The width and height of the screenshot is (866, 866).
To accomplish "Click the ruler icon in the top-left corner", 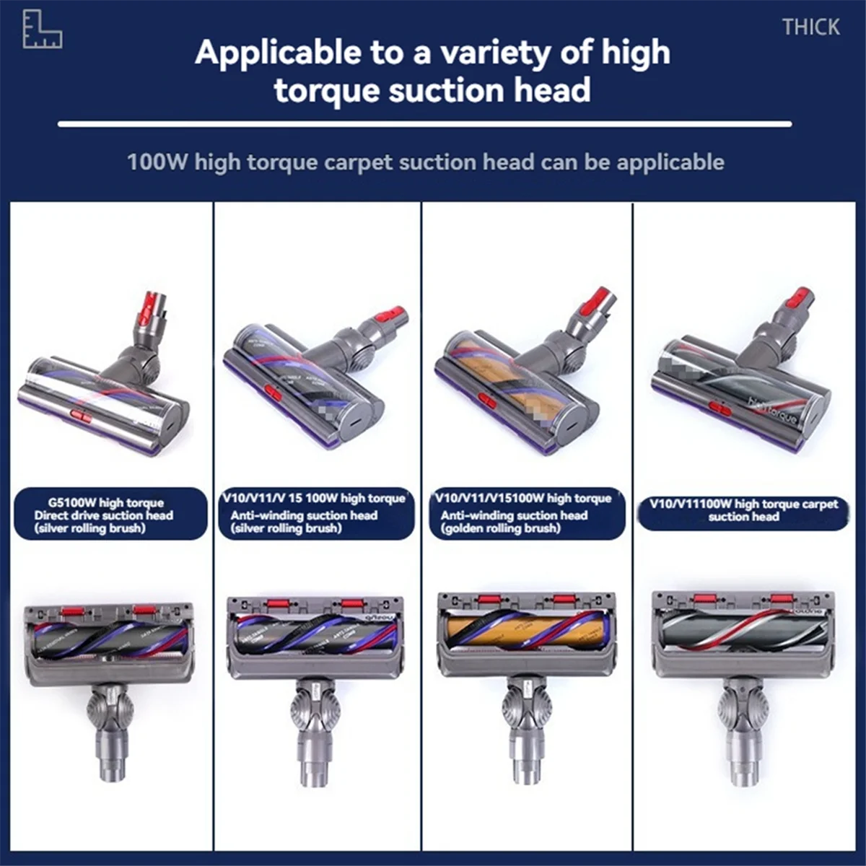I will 42,30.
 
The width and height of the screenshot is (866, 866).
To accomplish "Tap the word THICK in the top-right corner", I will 811,27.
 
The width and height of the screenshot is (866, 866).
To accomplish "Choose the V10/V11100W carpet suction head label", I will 743,510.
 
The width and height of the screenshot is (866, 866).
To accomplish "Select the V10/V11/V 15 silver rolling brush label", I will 316,513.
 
